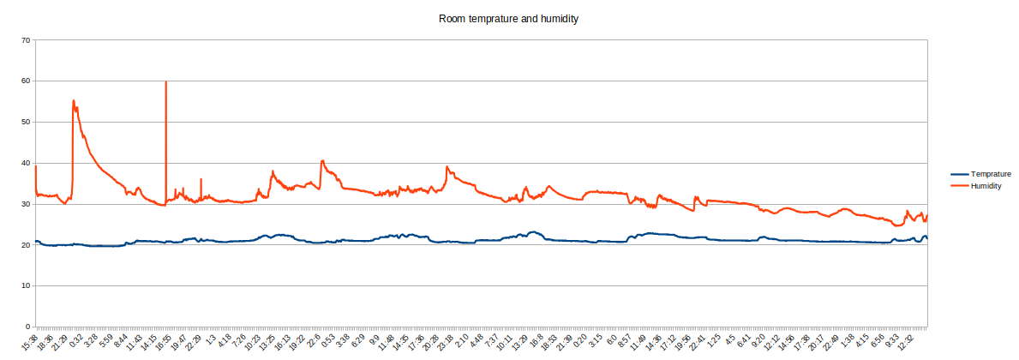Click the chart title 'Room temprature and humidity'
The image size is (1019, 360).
[x=509, y=18]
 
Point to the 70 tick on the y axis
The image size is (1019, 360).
[x=26, y=40]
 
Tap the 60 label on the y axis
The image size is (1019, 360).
[x=26, y=81]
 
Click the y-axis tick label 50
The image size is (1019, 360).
[x=26, y=123]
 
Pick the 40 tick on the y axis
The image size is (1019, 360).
[x=26, y=164]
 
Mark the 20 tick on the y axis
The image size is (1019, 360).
[x=26, y=245]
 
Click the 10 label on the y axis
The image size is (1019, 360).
[x=26, y=286]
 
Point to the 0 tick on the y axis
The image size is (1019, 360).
[x=28, y=327]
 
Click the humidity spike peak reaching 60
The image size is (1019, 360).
[x=165, y=82]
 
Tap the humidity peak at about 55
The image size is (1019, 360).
[x=74, y=101]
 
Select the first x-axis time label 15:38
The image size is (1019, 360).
[x=32, y=342]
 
